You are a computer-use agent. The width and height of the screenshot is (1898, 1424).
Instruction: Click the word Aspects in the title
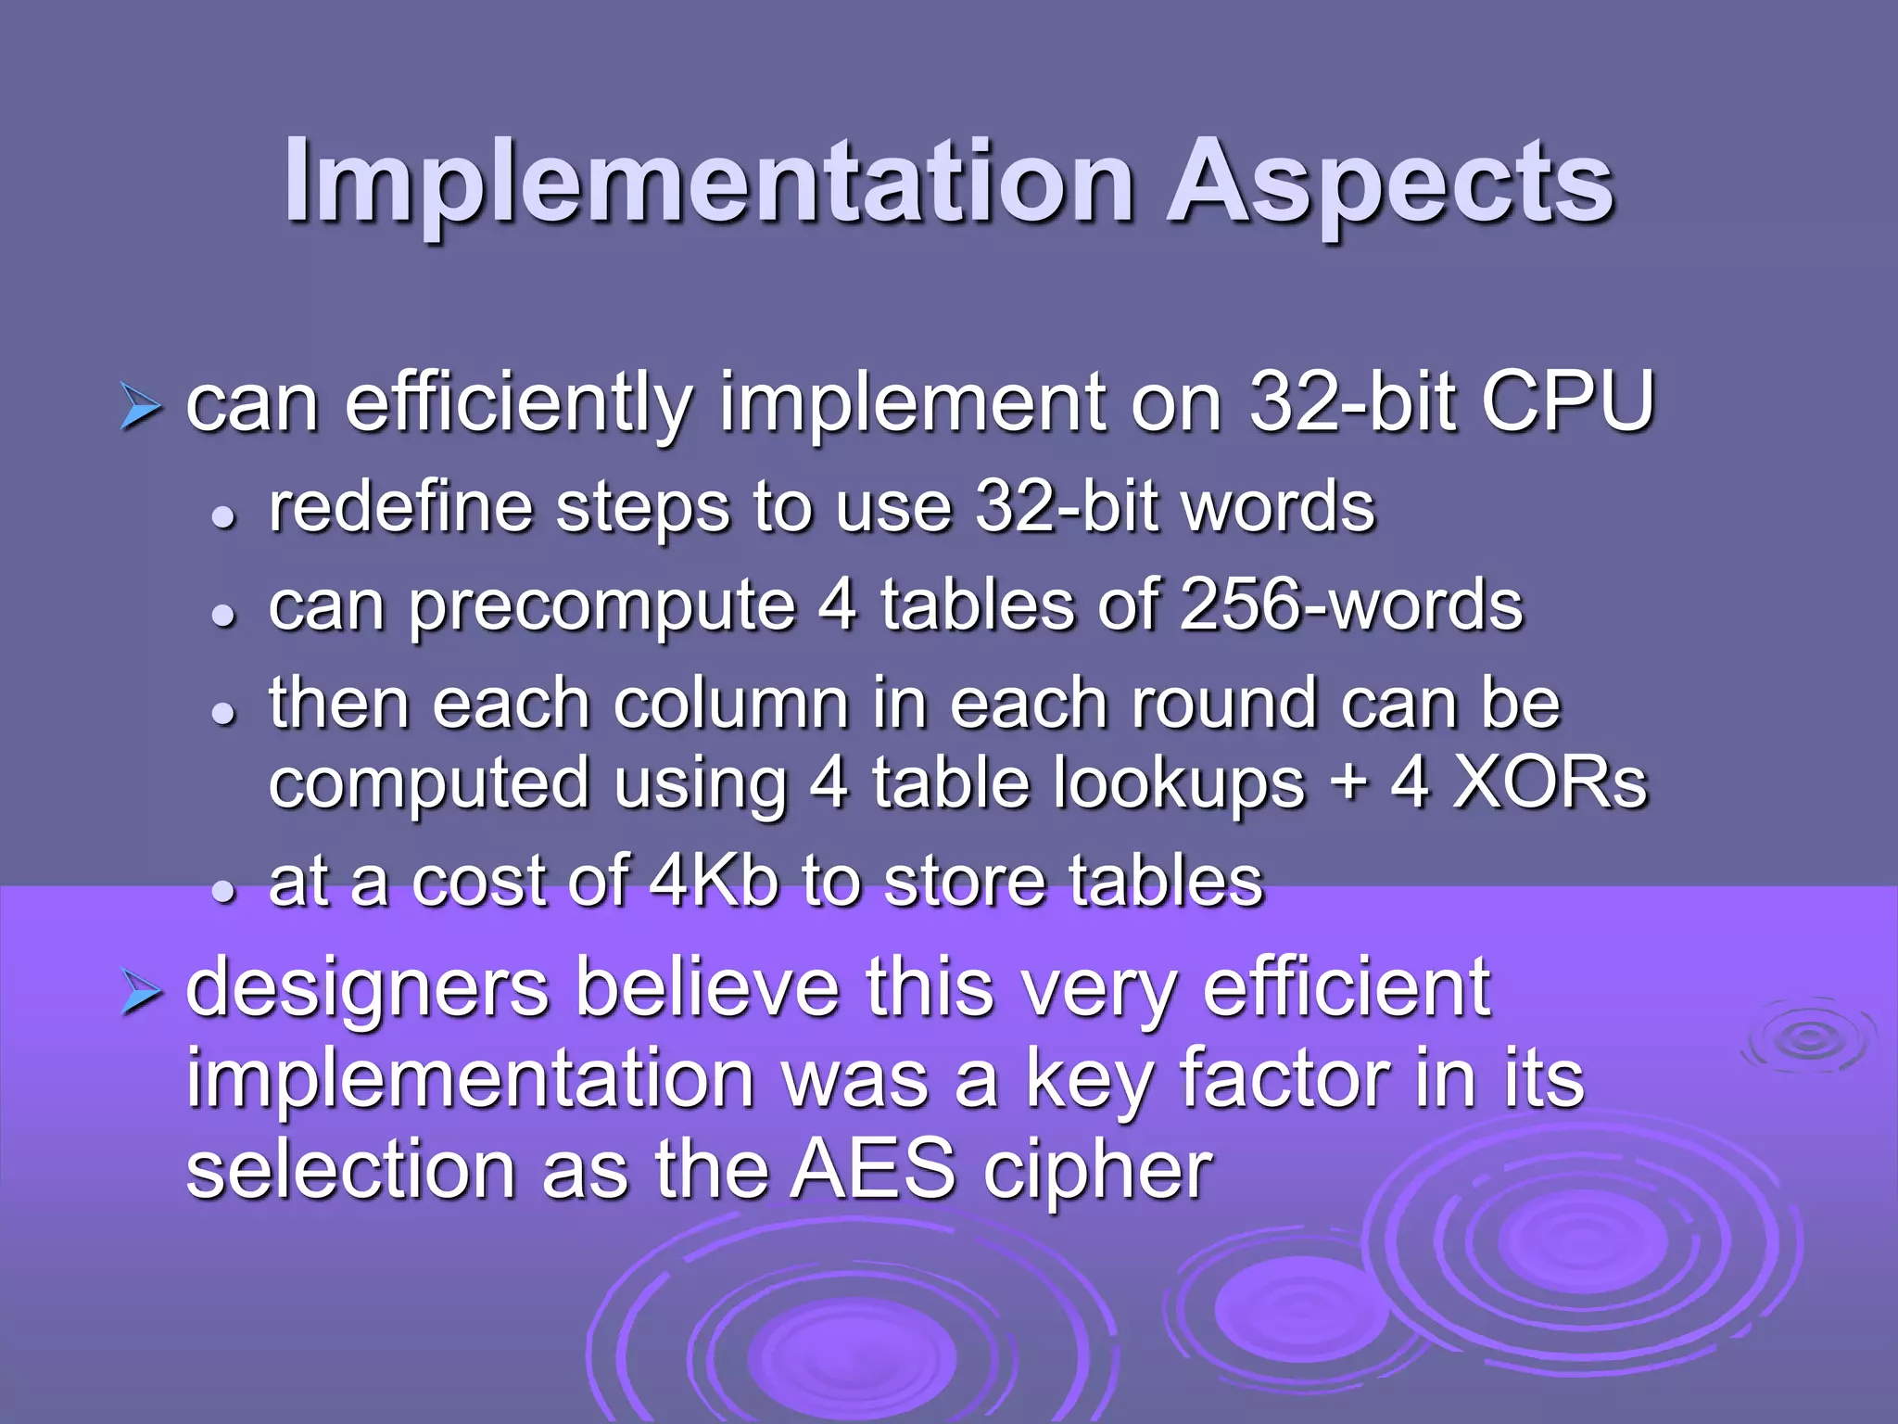click(1390, 182)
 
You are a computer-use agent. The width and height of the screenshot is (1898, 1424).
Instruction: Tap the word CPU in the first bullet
click(1566, 402)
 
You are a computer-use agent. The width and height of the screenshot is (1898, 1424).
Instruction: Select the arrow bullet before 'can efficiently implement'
click(141, 408)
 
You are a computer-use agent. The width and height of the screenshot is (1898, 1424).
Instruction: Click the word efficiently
click(519, 404)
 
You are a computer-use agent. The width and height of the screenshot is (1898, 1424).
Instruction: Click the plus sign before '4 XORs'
click(1349, 784)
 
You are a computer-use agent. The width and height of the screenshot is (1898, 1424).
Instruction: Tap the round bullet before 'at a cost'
click(222, 891)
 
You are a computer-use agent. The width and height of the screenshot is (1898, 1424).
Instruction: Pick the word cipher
click(1097, 1171)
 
